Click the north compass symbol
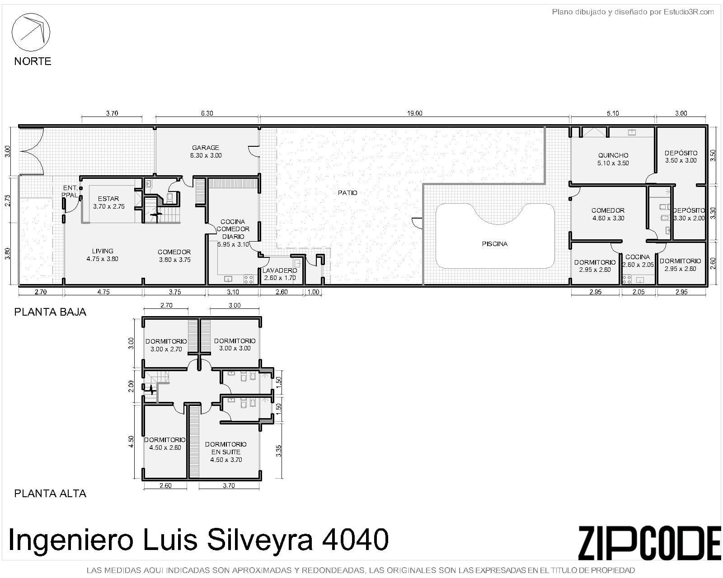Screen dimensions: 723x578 (x=31, y=32)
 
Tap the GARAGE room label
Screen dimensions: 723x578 (x=206, y=148)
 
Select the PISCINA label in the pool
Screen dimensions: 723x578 (x=494, y=244)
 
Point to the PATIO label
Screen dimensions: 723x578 (x=347, y=193)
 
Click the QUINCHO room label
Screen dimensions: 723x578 (x=613, y=155)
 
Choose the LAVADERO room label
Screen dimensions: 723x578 (x=280, y=270)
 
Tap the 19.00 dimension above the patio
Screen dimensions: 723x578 (x=414, y=113)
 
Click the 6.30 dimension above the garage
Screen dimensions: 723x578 (x=207, y=113)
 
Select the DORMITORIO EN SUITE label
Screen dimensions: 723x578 (x=226, y=448)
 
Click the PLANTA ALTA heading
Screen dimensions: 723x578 (x=51, y=494)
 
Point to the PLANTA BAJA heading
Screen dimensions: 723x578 (x=51, y=312)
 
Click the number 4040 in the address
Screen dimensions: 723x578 (x=355, y=539)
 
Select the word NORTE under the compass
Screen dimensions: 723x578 (x=33, y=61)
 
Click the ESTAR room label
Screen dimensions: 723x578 (x=108, y=199)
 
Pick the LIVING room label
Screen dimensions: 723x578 (x=103, y=251)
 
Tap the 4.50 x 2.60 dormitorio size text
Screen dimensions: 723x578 (x=165, y=447)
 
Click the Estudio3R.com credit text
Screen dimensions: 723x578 (x=688, y=12)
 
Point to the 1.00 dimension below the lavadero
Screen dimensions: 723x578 (x=314, y=292)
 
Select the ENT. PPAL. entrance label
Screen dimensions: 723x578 (x=70, y=191)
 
